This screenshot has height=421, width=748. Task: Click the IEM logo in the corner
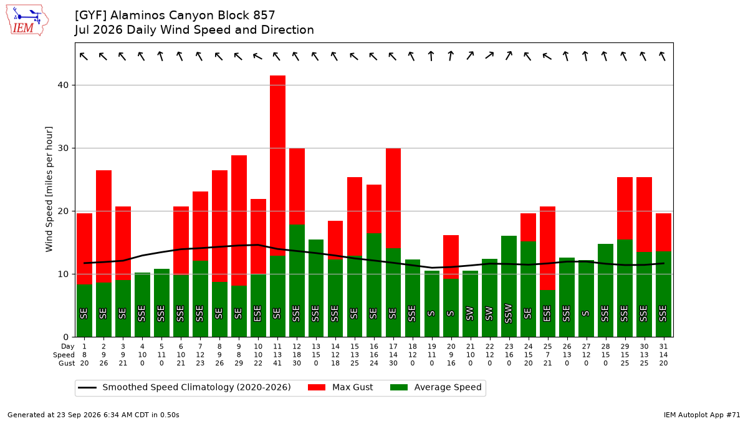pyautogui.click(x=27, y=21)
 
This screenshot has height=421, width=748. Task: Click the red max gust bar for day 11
pyautogui.click(x=278, y=165)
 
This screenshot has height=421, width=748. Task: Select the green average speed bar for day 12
pyautogui.click(x=297, y=281)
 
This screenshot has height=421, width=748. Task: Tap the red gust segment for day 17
pyautogui.click(x=393, y=198)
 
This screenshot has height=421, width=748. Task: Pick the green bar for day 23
pyautogui.click(x=509, y=286)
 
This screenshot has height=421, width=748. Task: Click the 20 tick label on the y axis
pyautogui.click(x=63, y=211)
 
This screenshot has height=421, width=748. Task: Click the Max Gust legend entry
pyautogui.click(x=340, y=387)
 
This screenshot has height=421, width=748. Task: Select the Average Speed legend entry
pyautogui.click(x=436, y=387)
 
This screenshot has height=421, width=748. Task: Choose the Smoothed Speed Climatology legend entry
pyautogui.click(x=185, y=387)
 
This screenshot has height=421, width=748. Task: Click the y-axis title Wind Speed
pyautogui.click(x=49, y=189)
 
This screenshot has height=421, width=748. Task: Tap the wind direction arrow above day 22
pyautogui.click(x=489, y=56)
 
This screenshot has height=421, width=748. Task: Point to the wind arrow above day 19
pyautogui.click(x=431, y=56)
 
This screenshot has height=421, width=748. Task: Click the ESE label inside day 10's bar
pyautogui.click(x=257, y=313)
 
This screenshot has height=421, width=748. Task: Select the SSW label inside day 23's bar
pyautogui.click(x=508, y=313)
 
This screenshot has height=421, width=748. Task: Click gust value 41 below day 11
pyautogui.click(x=277, y=363)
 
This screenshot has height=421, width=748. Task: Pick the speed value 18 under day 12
pyautogui.click(x=297, y=355)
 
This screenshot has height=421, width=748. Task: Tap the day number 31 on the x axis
pyautogui.click(x=663, y=347)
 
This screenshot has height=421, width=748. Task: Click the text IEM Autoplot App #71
pyautogui.click(x=702, y=415)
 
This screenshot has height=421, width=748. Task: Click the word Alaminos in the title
pyautogui.click(x=138, y=16)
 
